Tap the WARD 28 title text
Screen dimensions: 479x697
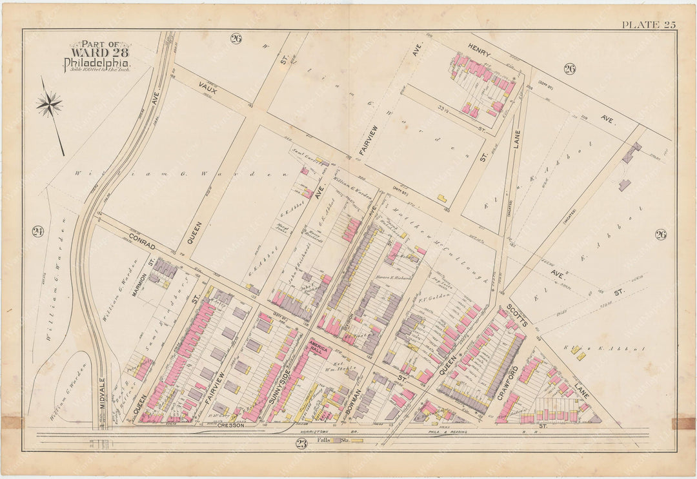pos(97,54)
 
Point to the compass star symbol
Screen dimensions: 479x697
pos(49,104)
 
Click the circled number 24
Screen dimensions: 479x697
pos(37,231)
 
